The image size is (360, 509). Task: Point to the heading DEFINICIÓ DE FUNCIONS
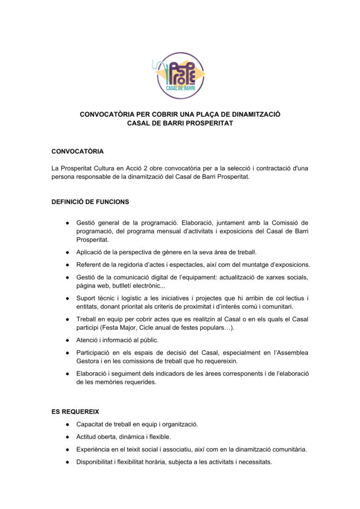pyautogui.click(x=90, y=202)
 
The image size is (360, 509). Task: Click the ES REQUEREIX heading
pyautogui.click(x=76, y=412)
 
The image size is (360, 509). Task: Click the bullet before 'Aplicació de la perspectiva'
pyautogui.click(x=66, y=252)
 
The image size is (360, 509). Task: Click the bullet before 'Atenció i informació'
pyautogui.click(x=66, y=340)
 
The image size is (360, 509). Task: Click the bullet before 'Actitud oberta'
pyautogui.click(x=66, y=437)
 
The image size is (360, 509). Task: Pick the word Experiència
pyautogui.click(x=95, y=449)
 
